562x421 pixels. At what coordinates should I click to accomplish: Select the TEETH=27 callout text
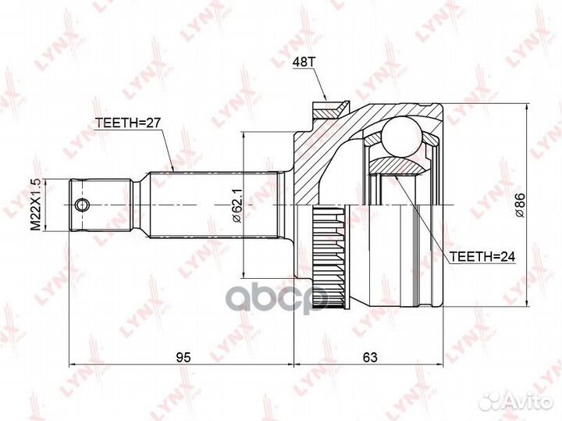(x=127, y=123)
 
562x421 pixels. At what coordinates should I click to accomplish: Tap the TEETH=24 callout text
(x=482, y=256)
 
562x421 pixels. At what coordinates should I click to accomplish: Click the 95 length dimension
(x=183, y=357)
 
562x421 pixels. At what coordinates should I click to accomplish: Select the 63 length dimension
(x=370, y=357)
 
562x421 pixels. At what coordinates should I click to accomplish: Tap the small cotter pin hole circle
(x=82, y=205)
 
